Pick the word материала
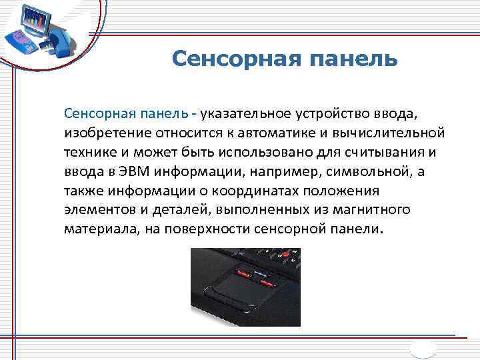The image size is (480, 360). tap(96, 229)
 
